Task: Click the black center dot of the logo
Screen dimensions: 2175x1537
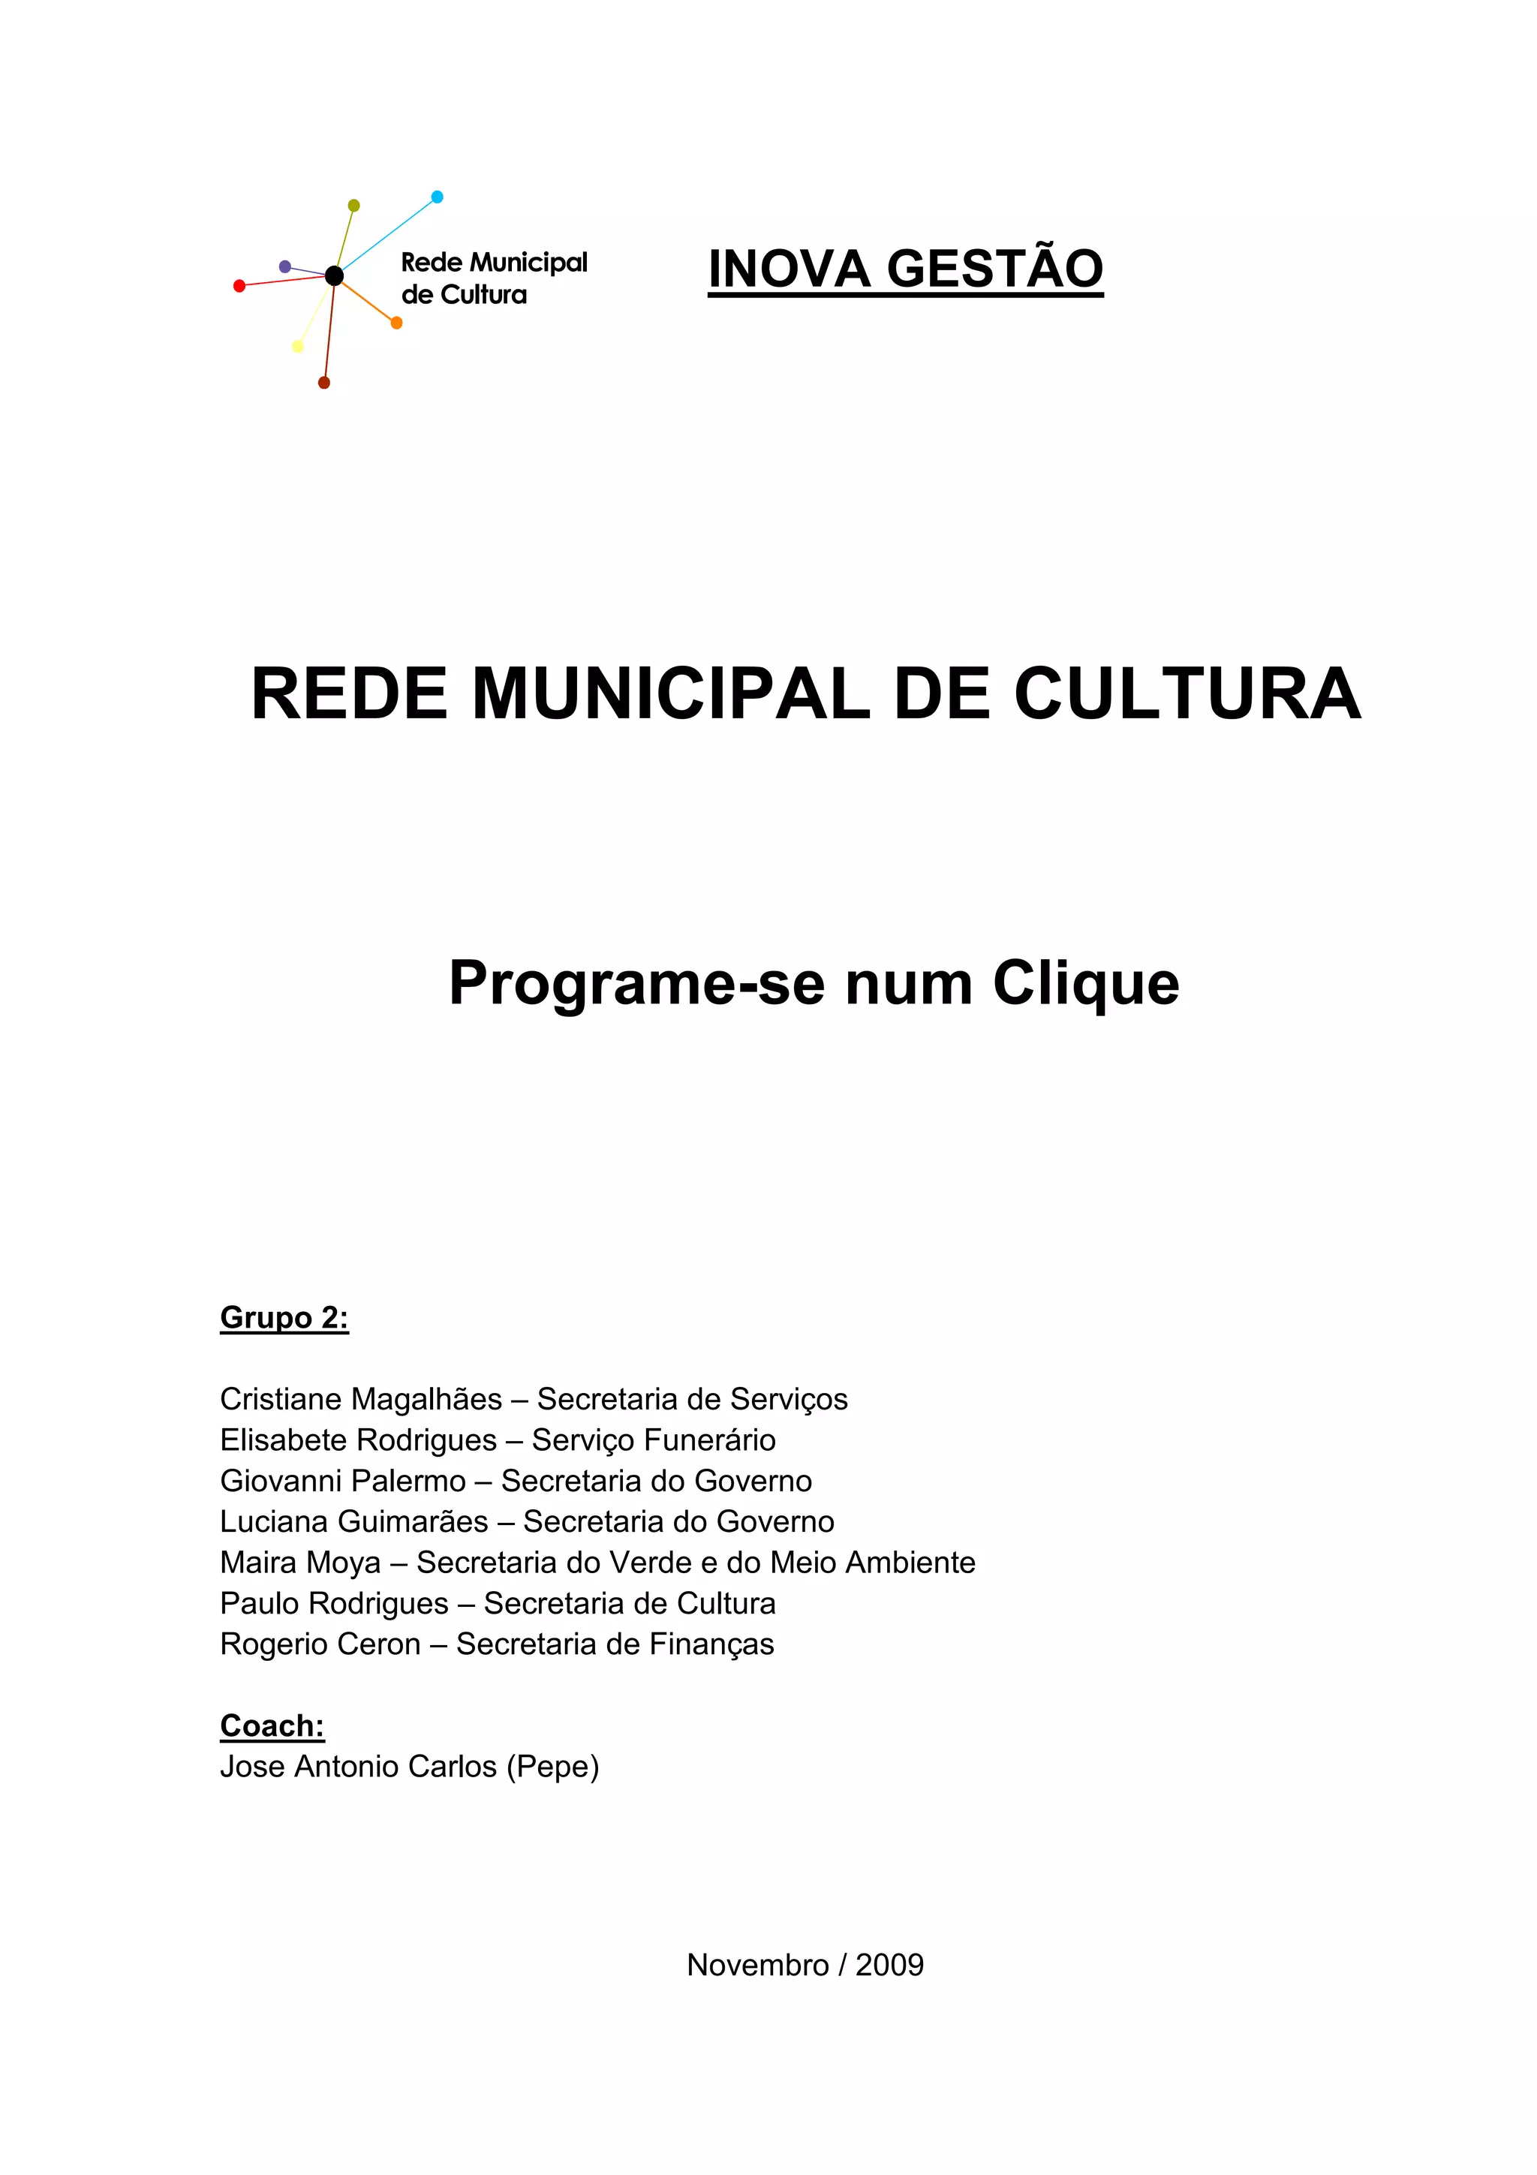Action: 334,275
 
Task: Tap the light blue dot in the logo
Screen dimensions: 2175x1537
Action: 437,197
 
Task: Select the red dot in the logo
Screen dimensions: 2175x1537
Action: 239,286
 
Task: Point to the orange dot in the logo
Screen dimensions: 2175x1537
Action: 397,323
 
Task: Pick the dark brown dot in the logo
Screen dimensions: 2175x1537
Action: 324,383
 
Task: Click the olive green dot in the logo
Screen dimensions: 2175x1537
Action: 354,206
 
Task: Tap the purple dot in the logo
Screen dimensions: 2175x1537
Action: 285,267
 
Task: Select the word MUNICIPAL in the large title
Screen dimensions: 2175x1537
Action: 670,694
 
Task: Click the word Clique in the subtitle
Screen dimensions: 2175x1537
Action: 1085,983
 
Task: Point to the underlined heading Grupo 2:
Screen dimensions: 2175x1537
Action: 284,1318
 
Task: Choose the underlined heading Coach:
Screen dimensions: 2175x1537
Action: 272,1726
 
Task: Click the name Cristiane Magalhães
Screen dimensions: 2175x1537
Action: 361,1399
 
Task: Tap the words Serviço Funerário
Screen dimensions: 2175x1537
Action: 654,1440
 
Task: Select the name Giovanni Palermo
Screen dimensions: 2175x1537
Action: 343,1481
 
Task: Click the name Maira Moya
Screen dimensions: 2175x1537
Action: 300,1562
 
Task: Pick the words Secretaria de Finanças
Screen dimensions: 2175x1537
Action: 615,1644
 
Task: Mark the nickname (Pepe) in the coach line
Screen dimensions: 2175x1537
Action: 552,1767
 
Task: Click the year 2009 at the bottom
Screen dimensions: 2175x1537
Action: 889,1965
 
